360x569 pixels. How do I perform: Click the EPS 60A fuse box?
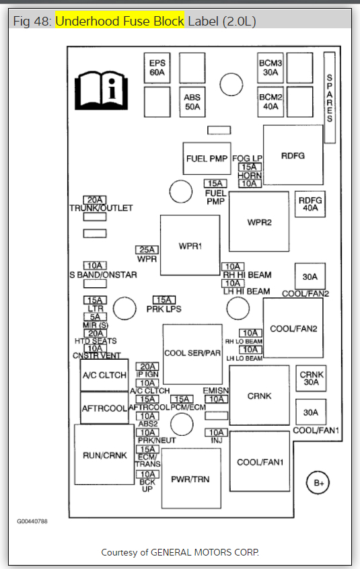pyautogui.click(x=157, y=68)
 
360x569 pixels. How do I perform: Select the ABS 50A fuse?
pyautogui.click(x=192, y=102)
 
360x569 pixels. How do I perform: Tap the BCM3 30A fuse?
pyautogui.click(x=271, y=68)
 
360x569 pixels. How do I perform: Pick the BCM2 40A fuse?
pyautogui.click(x=271, y=102)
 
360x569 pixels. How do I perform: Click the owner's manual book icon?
pyautogui.click(x=101, y=90)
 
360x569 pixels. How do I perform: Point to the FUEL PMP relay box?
pyautogui.click(x=207, y=159)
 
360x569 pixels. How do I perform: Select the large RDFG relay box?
pyautogui.click(x=293, y=155)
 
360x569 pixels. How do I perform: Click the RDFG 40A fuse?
pyautogui.click(x=310, y=204)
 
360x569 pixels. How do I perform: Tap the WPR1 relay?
pyautogui.click(x=190, y=245)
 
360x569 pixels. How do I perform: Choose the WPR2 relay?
pyautogui.click(x=259, y=222)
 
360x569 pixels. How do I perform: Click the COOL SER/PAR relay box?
pyautogui.click(x=192, y=354)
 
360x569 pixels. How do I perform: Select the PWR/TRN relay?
pyautogui.click(x=191, y=478)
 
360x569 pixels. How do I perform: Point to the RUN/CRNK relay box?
pyautogui.click(x=104, y=455)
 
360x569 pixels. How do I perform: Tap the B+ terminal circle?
pyautogui.click(x=318, y=483)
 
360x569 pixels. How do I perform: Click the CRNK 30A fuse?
pyautogui.click(x=311, y=378)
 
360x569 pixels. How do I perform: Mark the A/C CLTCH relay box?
pyautogui.click(x=104, y=375)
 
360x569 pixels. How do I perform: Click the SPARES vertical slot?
pyautogui.click(x=330, y=98)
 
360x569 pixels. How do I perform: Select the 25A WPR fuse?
pyautogui.click(x=147, y=250)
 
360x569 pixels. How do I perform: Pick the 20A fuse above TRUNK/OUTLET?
pyautogui.click(x=95, y=200)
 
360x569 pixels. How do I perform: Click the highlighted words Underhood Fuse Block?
pyautogui.click(x=120, y=21)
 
